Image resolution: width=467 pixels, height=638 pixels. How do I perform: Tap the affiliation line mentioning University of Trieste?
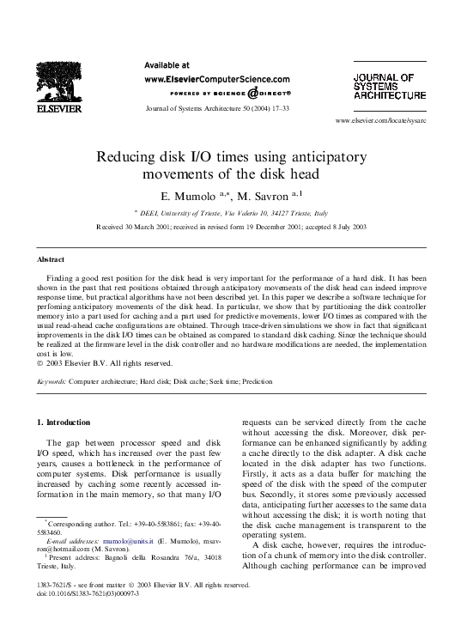tap(233, 212)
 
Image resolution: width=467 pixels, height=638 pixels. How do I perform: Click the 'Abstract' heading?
tap(52, 258)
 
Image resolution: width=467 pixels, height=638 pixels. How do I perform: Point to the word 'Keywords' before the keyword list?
tap(52, 380)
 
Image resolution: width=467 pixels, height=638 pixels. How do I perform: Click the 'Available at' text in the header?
tap(167, 64)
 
